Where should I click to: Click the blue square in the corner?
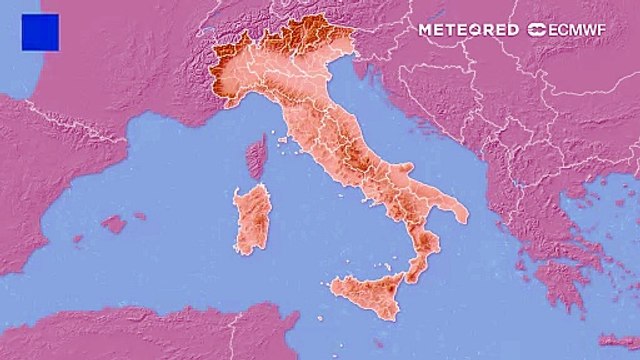[40, 32]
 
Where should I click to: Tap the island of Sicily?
[367, 291]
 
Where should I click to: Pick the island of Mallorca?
[114, 224]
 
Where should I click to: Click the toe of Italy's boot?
[414, 266]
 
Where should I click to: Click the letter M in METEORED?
[424, 30]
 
